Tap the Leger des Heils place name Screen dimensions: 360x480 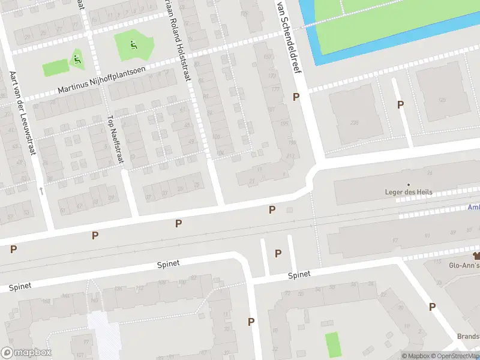click(x=408, y=193)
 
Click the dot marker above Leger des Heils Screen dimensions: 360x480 click(x=409, y=185)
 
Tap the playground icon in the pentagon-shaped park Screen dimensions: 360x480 click(x=133, y=44)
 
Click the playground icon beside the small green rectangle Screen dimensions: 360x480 click(x=77, y=59)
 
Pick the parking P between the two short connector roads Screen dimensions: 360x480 click(x=278, y=253)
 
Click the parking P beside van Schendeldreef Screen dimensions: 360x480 click(x=295, y=97)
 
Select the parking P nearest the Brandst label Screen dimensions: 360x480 click(x=432, y=307)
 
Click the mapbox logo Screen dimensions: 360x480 click(x=26, y=352)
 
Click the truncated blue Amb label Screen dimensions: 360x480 click(x=473, y=208)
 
